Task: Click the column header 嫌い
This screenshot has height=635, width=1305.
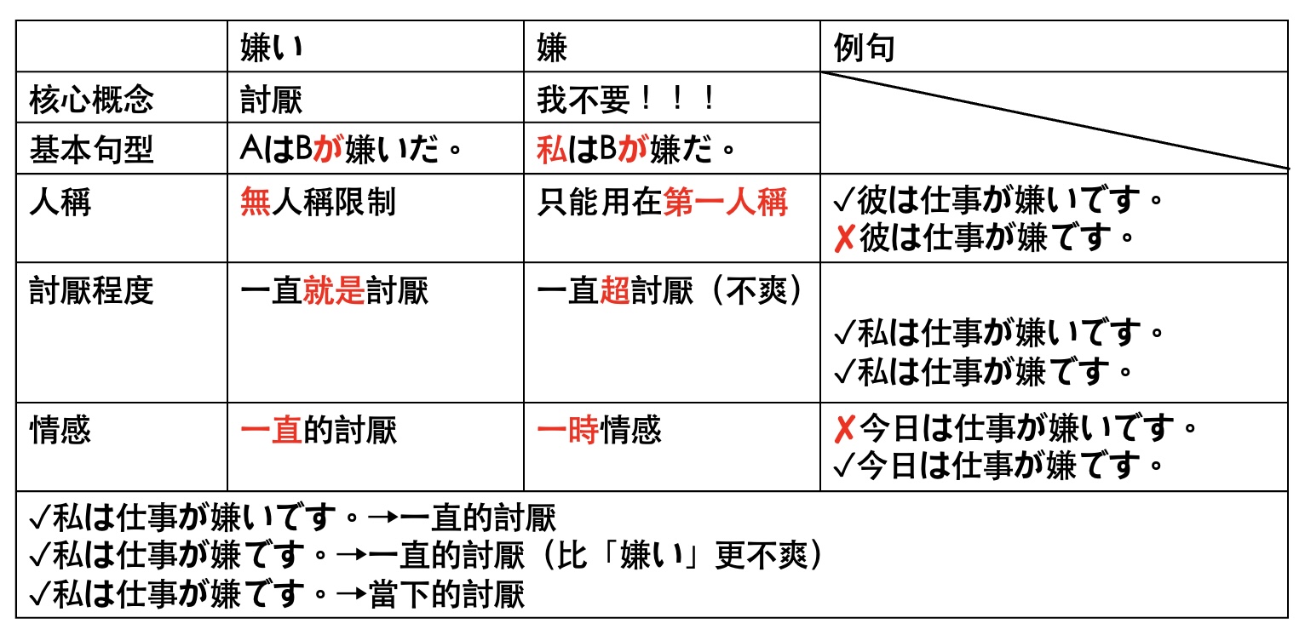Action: click(272, 47)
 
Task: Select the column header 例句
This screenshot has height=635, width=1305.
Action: click(864, 47)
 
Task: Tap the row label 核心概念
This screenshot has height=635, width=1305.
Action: click(91, 99)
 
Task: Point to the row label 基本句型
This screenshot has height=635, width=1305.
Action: click(91, 150)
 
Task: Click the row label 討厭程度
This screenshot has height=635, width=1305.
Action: click(91, 290)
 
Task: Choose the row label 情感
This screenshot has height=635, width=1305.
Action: click(60, 430)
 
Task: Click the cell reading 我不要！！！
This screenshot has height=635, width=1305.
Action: click(626, 99)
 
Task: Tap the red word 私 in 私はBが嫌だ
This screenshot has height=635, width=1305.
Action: click(552, 149)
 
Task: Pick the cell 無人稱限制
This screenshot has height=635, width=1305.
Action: click(318, 202)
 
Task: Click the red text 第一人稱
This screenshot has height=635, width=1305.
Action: click(725, 202)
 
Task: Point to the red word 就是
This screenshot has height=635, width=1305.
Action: click(334, 290)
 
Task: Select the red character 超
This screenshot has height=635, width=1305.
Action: click(615, 290)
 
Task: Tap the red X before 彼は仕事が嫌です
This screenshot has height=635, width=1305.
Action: click(844, 237)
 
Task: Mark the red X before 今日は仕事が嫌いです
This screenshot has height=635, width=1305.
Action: click(844, 429)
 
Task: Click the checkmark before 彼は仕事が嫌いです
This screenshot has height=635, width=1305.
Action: click(844, 200)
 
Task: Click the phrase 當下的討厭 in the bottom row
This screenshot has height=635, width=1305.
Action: click(447, 594)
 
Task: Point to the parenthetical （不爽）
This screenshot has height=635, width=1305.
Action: click(757, 290)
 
